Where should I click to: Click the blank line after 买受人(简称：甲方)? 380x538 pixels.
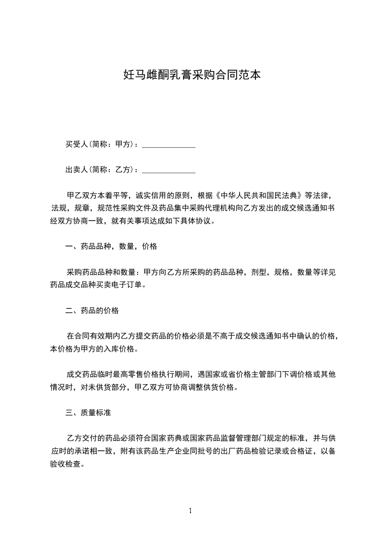pos(169,144)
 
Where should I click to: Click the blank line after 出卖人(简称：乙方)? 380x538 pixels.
pos(169,170)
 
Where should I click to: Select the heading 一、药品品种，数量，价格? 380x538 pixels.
pos(111,247)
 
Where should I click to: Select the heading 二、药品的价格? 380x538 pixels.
pos(92,311)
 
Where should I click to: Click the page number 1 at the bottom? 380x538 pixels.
pos(190,511)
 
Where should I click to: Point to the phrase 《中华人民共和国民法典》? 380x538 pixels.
pos(259,196)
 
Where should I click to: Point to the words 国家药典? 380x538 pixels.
pos(171,438)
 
